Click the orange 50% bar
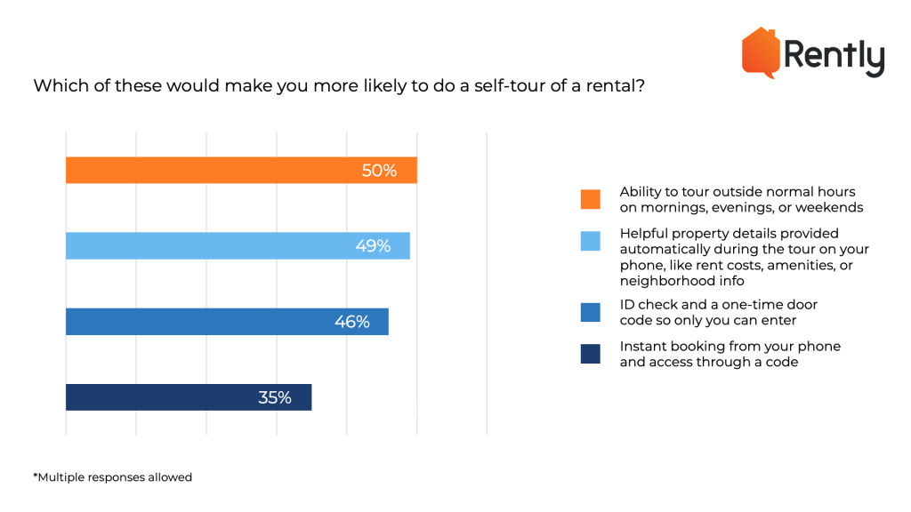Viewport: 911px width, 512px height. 240,171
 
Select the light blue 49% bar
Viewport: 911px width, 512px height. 237,246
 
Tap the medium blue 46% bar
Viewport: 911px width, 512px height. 226,322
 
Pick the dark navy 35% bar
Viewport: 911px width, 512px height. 188,397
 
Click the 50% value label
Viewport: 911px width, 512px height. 379,171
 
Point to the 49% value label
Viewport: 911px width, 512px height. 373,246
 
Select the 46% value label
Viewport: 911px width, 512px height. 351,322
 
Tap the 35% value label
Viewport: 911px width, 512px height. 275,397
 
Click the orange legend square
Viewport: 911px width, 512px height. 590,200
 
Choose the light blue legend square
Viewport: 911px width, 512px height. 590,241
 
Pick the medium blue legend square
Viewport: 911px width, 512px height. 590,312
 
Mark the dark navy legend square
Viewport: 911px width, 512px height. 590,354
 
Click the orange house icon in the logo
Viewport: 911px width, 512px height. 761,52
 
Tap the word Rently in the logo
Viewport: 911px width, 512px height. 834,58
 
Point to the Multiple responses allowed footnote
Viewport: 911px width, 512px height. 113,477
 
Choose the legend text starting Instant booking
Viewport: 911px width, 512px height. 730,354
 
